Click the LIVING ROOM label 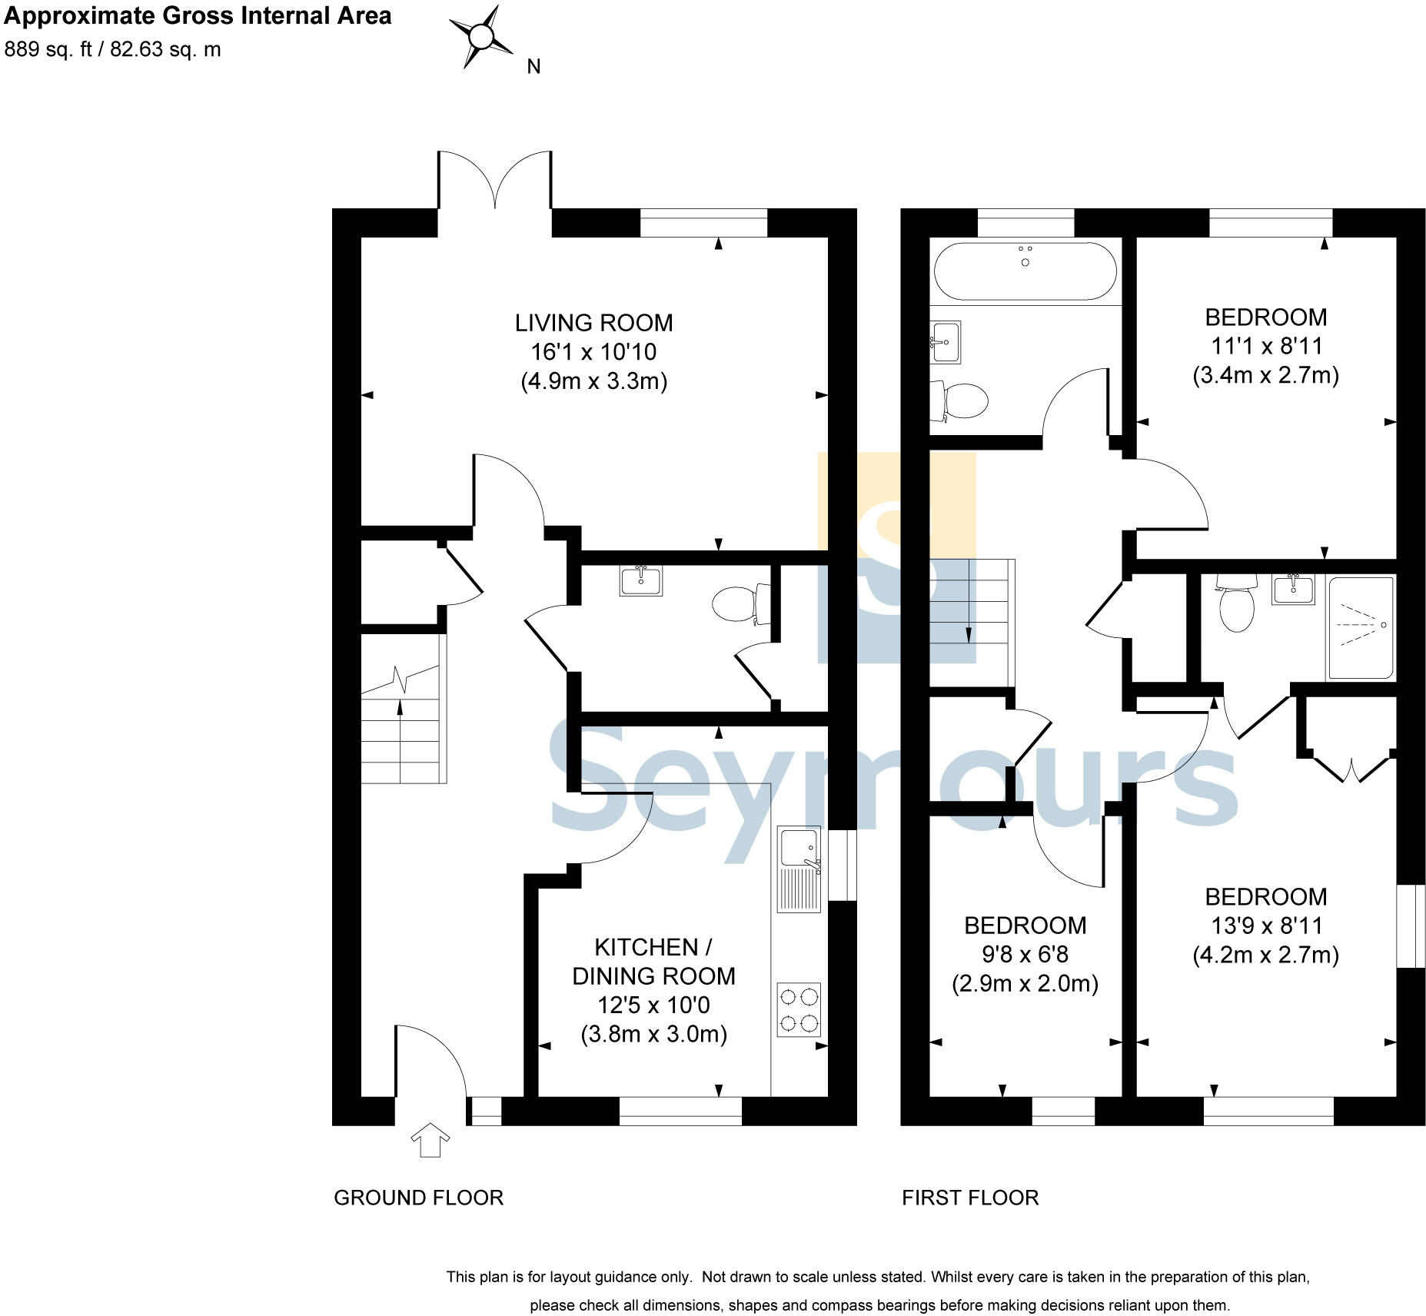point(593,323)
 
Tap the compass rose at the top point(481,36)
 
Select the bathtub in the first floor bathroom point(1025,271)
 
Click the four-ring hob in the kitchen point(799,1010)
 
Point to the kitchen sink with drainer point(799,869)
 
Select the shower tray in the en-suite point(1360,627)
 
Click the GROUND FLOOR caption point(418,1198)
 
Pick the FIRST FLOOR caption point(970,1198)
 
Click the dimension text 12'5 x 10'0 point(653,1005)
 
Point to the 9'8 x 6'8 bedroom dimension point(1025,955)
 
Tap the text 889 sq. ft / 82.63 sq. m point(113,49)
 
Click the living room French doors point(495,181)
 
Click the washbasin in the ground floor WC point(640,580)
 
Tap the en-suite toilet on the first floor point(1236,604)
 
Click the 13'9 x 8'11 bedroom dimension point(1265,926)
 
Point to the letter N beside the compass point(534,67)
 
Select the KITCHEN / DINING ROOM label point(653,962)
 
